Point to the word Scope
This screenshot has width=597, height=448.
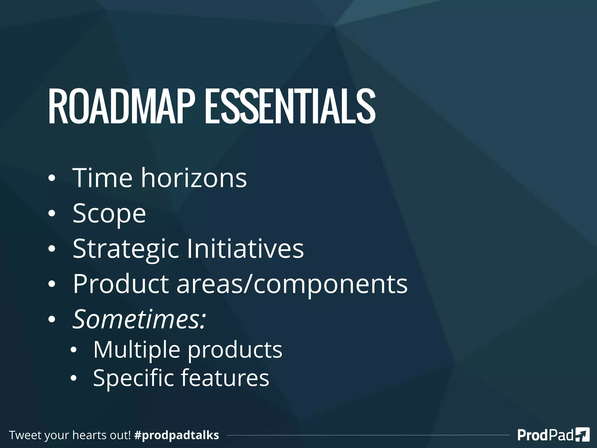[109, 213]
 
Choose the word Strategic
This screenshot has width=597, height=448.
[126, 249]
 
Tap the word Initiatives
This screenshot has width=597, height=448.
[245, 249]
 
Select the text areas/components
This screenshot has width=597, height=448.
[292, 284]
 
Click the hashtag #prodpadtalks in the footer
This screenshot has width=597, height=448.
[177, 435]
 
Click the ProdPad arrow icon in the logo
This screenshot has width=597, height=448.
[582, 435]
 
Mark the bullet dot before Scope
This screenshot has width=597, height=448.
[52, 214]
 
